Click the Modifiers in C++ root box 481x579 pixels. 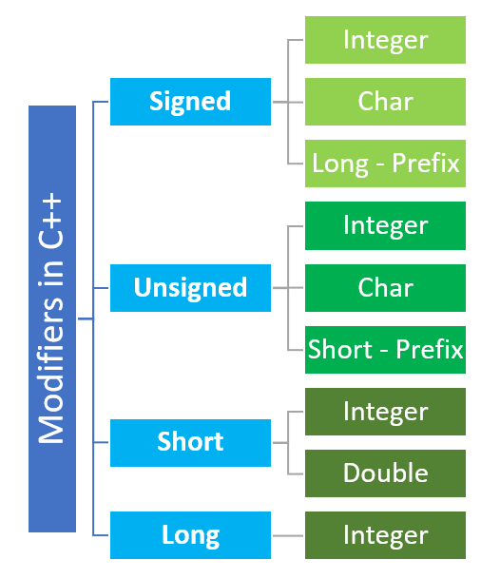tap(51, 318)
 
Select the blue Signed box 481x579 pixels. tap(190, 101)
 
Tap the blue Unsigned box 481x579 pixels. tap(190, 287)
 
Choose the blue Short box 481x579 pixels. tap(190, 442)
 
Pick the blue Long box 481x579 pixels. tap(190, 534)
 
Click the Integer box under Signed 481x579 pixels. tap(385, 40)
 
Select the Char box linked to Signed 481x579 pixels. tap(385, 102)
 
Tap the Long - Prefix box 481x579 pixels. tap(385, 164)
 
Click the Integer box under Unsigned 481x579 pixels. tap(385, 225)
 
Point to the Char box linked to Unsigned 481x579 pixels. tap(385, 287)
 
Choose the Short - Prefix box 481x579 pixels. tap(385, 349)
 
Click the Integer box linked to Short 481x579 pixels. tap(385, 412)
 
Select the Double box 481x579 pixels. tap(385, 473)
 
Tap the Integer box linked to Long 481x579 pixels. tap(385, 534)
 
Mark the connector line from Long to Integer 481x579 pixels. tap(287, 535)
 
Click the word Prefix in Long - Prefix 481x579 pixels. tap(424, 164)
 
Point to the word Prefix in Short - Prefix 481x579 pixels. tap(427, 349)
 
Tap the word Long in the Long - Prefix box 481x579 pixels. tap(339, 164)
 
